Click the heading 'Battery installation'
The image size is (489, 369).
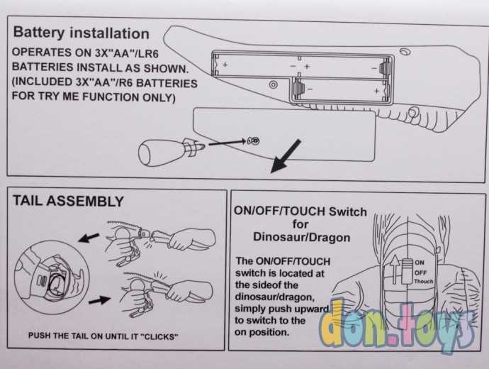point(81,33)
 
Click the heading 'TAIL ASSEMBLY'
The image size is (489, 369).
point(68,201)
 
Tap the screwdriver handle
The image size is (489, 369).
point(161,153)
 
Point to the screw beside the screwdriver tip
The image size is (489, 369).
point(253,141)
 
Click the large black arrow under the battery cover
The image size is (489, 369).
point(286,156)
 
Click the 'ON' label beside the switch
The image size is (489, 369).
point(420,263)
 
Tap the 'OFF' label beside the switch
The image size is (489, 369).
point(420,272)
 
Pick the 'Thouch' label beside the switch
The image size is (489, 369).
point(424,281)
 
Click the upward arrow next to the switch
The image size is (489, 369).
point(395,269)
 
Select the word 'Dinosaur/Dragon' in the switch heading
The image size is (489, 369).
point(302,237)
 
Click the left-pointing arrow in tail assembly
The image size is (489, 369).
point(89,238)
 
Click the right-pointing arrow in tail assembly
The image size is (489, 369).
point(99,301)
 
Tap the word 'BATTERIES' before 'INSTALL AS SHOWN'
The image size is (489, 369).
point(43,67)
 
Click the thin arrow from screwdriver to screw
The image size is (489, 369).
point(227,143)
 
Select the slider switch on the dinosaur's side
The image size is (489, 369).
point(407,271)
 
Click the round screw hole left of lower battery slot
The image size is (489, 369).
point(273,84)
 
